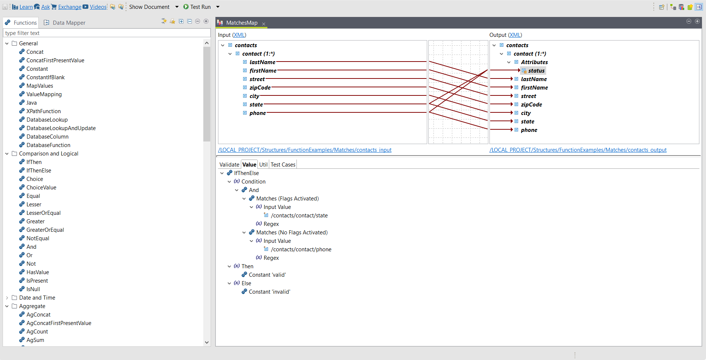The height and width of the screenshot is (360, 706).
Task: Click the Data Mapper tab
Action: click(x=69, y=23)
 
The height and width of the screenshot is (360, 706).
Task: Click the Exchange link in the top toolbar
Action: click(x=70, y=7)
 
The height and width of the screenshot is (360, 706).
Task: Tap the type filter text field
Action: click(x=107, y=33)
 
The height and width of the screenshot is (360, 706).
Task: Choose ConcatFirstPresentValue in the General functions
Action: click(x=55, y=60)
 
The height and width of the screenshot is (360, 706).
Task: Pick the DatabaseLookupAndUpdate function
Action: click(x=61, y=128)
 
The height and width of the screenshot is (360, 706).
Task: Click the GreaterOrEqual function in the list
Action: click(x=45, y=230)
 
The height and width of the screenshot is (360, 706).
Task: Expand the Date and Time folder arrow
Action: click(x=7, y=298)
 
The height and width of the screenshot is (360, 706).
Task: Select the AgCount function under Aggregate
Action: click(x=37, y=332)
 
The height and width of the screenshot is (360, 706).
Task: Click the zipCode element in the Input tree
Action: click(x=260, y=88)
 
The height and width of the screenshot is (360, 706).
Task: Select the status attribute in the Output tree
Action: click(x=536, y=71)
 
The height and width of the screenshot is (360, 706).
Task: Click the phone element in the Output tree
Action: click(x=529, y=130)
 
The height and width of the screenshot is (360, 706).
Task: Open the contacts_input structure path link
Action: click(x=305, y=150)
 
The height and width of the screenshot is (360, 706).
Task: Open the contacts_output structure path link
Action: click(x=578, y=150)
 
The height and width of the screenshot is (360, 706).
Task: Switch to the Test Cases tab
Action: click(x=283, y=165)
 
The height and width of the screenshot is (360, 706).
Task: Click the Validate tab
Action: click(x=229, y=165)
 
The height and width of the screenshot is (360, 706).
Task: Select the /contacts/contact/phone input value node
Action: click(x=301, y=249)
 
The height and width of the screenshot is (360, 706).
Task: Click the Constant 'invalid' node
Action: click(x=269, y=292)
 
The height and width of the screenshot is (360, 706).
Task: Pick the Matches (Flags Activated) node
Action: click(x=287, y=199)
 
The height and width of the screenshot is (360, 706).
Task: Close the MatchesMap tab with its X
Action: click(x=264, y=24)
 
